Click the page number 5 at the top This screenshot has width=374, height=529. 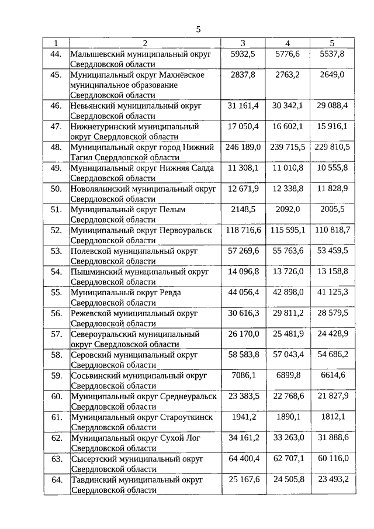click(x=198, y=29)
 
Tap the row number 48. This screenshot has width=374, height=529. click(x=56, y=147)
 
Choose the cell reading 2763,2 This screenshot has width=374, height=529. click(x=288, y=75)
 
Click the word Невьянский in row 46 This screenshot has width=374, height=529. click(x=92, y=106)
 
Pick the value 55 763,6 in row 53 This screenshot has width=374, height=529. click(x=288, y=251)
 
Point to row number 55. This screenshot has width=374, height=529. click(x=56, y=292)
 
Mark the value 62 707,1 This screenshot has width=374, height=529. click(x=288, y=459)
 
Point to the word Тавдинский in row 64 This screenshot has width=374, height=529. click(x=92, y=479)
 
